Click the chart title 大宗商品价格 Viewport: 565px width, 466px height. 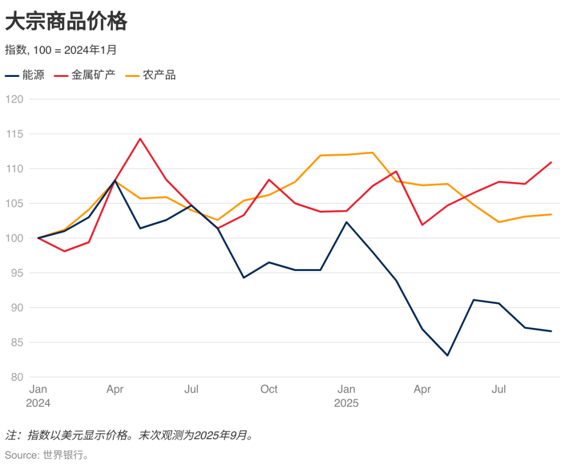click(x=66, y=22)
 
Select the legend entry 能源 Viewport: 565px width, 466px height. click(x=33, y=75)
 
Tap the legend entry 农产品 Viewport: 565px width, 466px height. click(x=160, y=75)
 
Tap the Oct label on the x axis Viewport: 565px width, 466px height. click(x=269, y=389)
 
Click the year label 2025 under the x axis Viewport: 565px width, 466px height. click(x=346, y=403)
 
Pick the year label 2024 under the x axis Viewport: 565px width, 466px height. click(x=38, y=403)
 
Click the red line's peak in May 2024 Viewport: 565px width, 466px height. click(x=140, y=139)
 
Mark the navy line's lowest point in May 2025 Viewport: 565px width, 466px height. click(x=448, y=356)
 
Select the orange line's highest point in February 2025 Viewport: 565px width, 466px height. click(x=371, y=153)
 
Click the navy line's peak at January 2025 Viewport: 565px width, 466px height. click(x=346, y=222)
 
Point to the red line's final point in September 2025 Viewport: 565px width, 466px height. click(x=551, y=162)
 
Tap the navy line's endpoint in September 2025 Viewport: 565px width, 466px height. click(x=551, y=331)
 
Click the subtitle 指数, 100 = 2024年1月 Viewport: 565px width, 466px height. click(x=61, y=50)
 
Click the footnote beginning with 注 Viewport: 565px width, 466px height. click(x=130, y=435)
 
